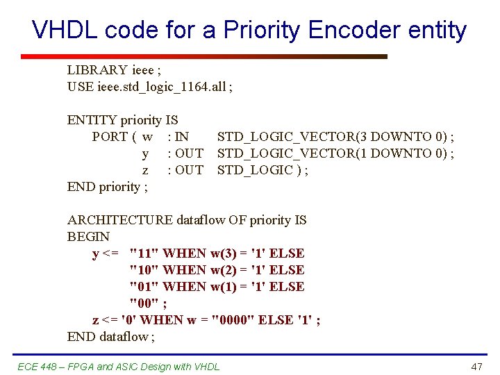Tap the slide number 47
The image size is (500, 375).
(476, 366)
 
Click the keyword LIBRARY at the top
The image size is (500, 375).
(97, 70)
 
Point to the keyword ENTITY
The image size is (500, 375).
(92, 120)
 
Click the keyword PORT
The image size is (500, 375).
(110, 137)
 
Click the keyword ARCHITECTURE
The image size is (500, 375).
(120, 220)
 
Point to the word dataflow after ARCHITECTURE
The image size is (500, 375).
(203, 220)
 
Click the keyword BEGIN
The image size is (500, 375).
(88, 237)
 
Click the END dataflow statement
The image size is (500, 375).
(111, 337)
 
